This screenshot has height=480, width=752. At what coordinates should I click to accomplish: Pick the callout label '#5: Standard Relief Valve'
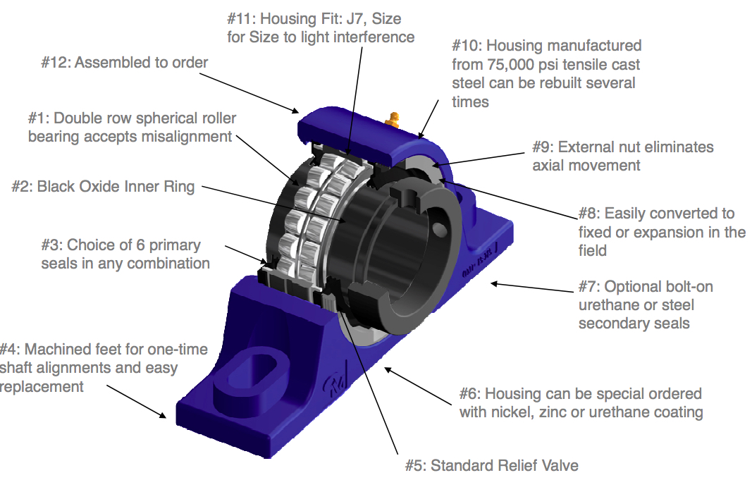click(x=491, y=465)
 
